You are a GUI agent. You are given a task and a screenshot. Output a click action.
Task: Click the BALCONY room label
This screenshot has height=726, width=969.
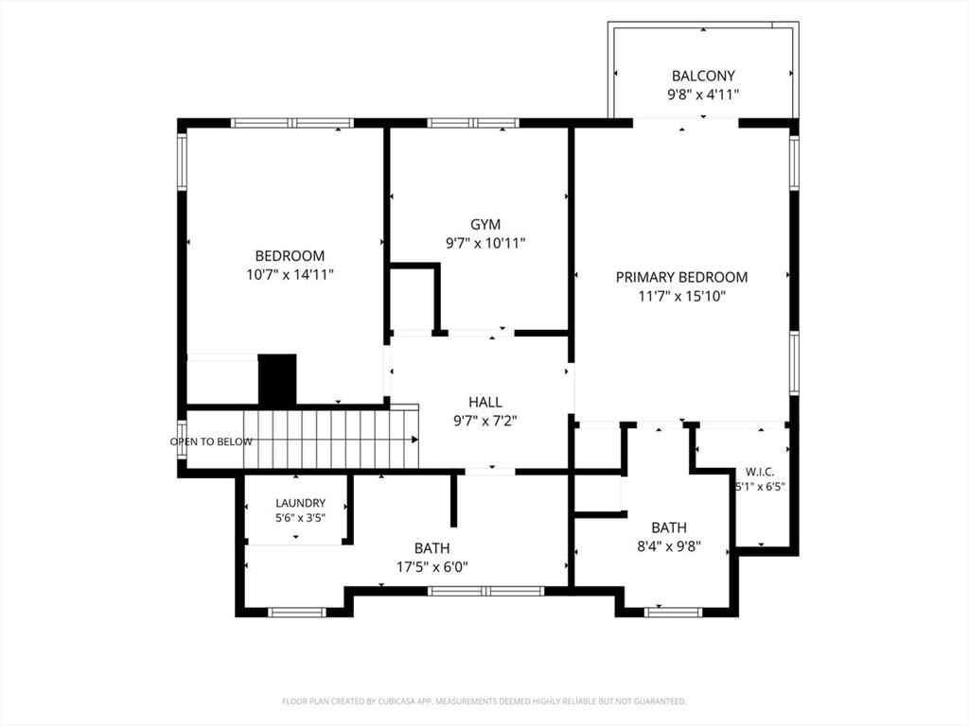click(x=703, y=76)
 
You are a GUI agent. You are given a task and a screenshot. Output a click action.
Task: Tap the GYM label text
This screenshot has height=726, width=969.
click(x=485, y=224)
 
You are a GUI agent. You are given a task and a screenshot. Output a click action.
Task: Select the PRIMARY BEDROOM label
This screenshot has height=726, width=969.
click(x=681, y=277)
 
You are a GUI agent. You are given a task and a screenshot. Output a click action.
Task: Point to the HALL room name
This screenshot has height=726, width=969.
click(x=485, y=403)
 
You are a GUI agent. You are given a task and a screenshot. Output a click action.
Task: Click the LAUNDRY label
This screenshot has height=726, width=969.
click(x=300, y=503)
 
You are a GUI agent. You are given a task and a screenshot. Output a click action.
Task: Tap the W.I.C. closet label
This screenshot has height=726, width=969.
click(x=760, y=473)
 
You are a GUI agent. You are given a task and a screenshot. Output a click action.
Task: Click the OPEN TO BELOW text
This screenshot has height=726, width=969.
click(x=211, y=441)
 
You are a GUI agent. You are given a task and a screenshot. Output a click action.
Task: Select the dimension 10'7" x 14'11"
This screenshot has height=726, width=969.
click(x=290, y=274)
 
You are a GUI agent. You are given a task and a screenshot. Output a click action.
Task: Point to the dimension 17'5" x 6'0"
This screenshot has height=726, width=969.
click(x=432, y=567)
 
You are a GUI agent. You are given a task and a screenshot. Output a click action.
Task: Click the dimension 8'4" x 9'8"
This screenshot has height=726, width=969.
click(x=669, y=546)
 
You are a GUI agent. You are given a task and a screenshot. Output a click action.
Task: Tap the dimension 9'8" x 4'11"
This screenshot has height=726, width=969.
click(x=703, y=95)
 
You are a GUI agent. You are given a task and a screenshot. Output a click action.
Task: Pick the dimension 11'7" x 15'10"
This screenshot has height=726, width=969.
click(x=681, y=296)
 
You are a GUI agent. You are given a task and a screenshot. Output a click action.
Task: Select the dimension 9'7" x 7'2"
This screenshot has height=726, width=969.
click(x=485, y=421)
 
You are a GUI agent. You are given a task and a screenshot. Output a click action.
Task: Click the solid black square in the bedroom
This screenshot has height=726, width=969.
click(x=277, y=380)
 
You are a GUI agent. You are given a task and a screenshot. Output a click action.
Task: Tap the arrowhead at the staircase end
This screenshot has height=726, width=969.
click(x=414, y=440)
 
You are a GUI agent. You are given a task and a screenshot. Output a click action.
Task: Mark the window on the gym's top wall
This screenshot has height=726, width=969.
click(x=473, y=123)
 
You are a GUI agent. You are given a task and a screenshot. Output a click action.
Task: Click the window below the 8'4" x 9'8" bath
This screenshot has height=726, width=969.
click(x=673, y=613)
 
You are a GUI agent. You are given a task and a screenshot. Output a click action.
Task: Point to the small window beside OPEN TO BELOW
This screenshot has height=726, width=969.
click(x=182, y=439)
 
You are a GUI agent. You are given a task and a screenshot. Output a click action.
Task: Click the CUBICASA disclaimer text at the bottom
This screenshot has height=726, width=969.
click(x=484, y=701)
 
